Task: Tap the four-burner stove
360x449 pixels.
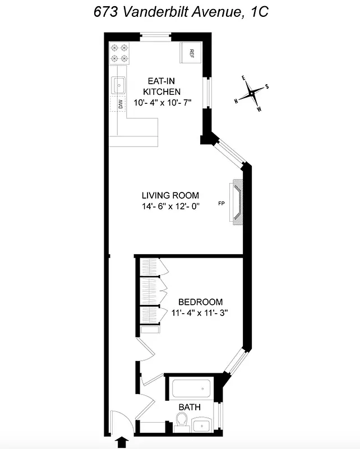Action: point(119,53)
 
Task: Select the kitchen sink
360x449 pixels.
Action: point(119,85)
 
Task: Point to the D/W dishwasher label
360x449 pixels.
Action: point(120,103)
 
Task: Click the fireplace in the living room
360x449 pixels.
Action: point(237,203)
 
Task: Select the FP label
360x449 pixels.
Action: point(221,203)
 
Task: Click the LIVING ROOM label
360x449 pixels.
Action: point(170,195)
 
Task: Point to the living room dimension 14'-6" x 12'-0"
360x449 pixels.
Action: point(170,206)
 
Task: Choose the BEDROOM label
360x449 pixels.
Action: point(200,301)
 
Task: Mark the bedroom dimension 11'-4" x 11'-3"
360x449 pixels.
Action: point(200,313)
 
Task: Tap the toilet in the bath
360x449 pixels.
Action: point(182,421)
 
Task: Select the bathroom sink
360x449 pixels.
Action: point(202,425)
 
